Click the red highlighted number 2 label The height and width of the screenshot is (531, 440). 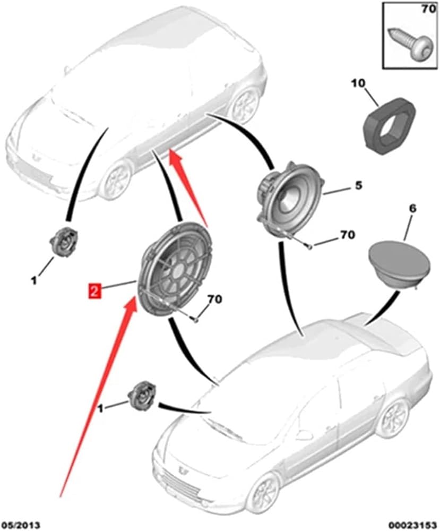[x=95, y=291]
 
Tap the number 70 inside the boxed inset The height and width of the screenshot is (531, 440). [x=429, y=9]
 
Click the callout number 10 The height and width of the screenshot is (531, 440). [x=358, y=83]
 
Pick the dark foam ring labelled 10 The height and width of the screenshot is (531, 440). [x=390, y=125]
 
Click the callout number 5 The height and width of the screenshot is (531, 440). [x=358, y=185]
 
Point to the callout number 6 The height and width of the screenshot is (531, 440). [x=412, y=209]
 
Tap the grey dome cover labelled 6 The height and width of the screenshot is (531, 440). [x=399, y=264]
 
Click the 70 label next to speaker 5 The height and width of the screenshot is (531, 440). [x=347, y=235]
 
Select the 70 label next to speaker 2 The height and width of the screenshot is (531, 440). [x=214, y=299]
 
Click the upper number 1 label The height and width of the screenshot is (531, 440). [x=34, y=281]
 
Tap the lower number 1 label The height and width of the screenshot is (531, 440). [x=100, y=409]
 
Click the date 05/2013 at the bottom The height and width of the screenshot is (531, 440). [x=21, y=525]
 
